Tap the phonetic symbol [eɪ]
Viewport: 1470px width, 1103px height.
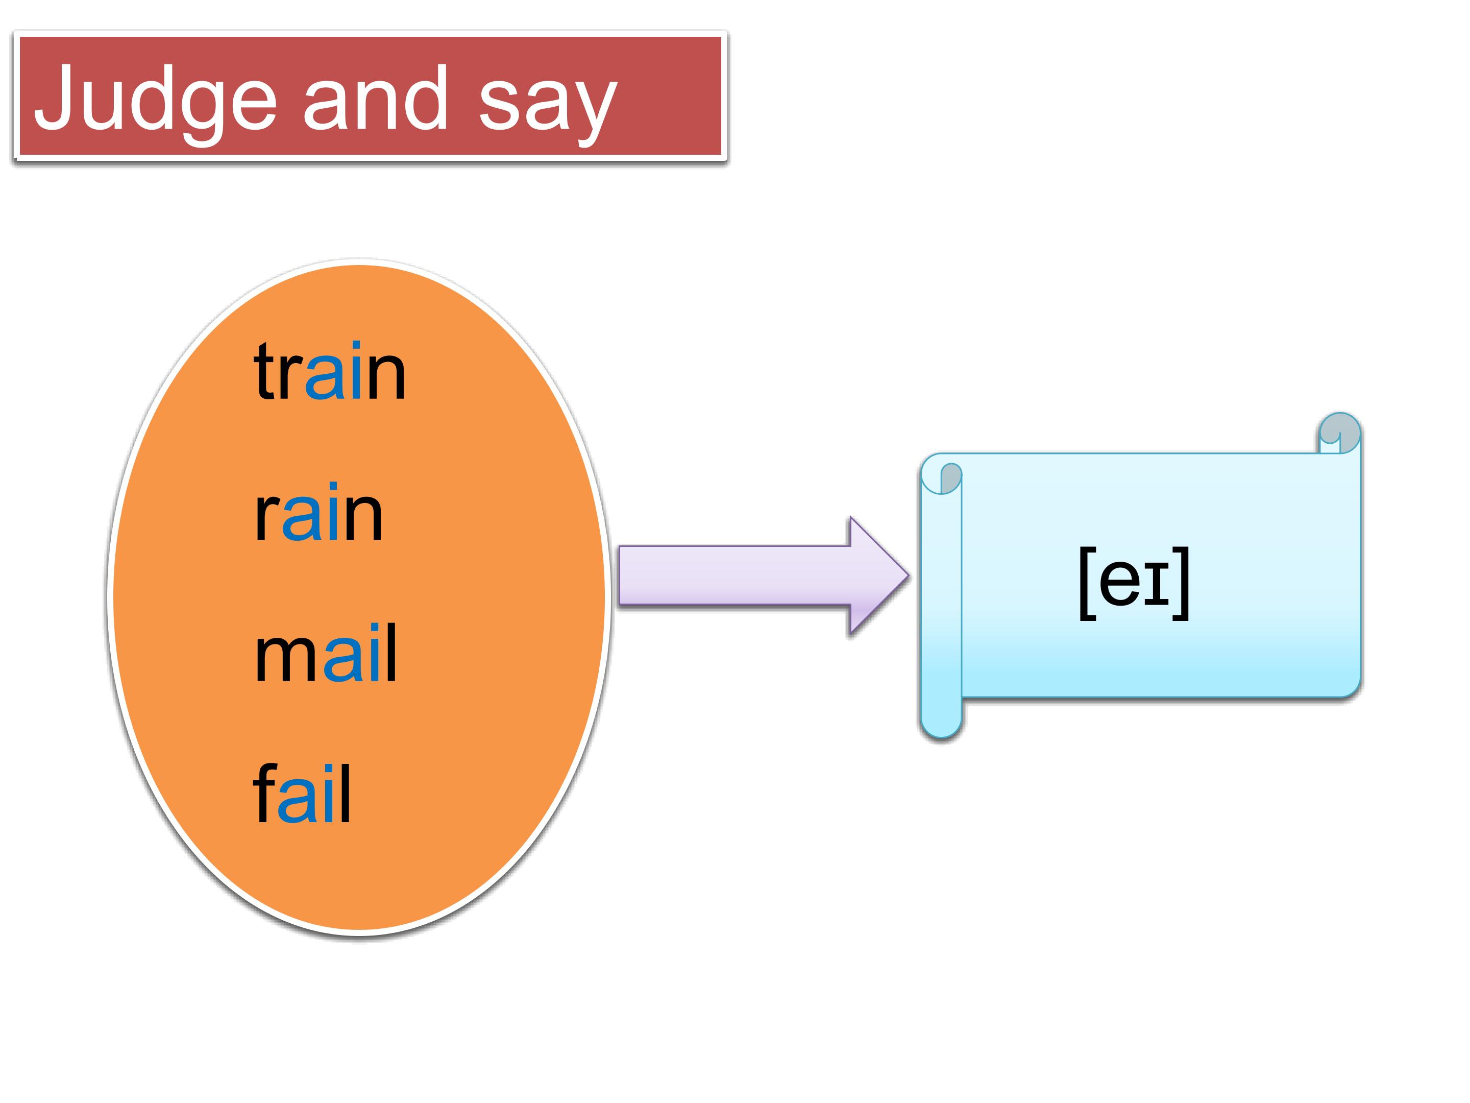click(x=1134, y=583)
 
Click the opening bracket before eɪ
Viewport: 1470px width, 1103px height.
click(x=1087, y=584)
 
